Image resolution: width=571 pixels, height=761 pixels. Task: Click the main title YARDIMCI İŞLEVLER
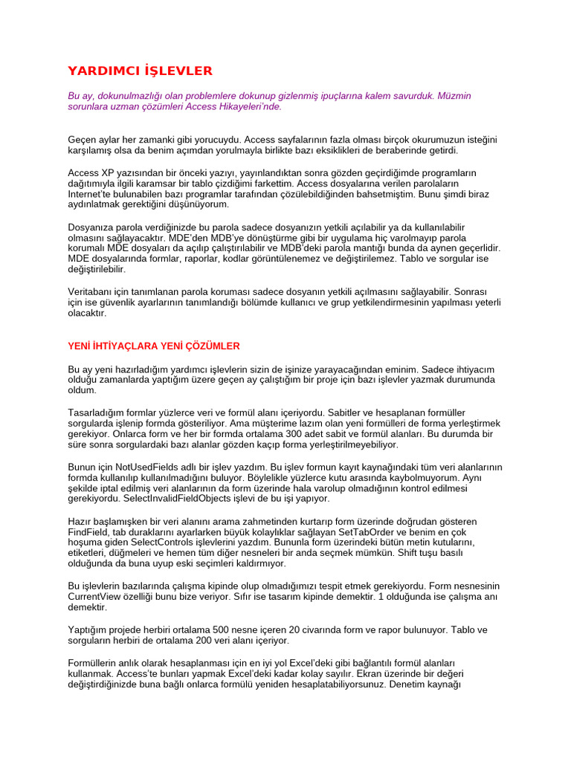coord(140,71)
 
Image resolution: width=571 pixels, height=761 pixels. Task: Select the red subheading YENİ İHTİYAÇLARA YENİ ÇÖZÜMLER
coord(154,346)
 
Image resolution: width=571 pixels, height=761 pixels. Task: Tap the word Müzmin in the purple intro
coord(454,96)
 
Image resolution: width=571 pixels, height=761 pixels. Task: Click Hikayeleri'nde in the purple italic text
coord(250,106)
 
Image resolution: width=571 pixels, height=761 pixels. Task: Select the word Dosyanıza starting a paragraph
coord(91,227)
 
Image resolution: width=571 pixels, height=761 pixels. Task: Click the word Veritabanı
coord(93,292)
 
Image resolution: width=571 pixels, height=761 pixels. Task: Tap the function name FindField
coord(88,531)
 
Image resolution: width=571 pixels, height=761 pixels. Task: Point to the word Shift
coord(425,552)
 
